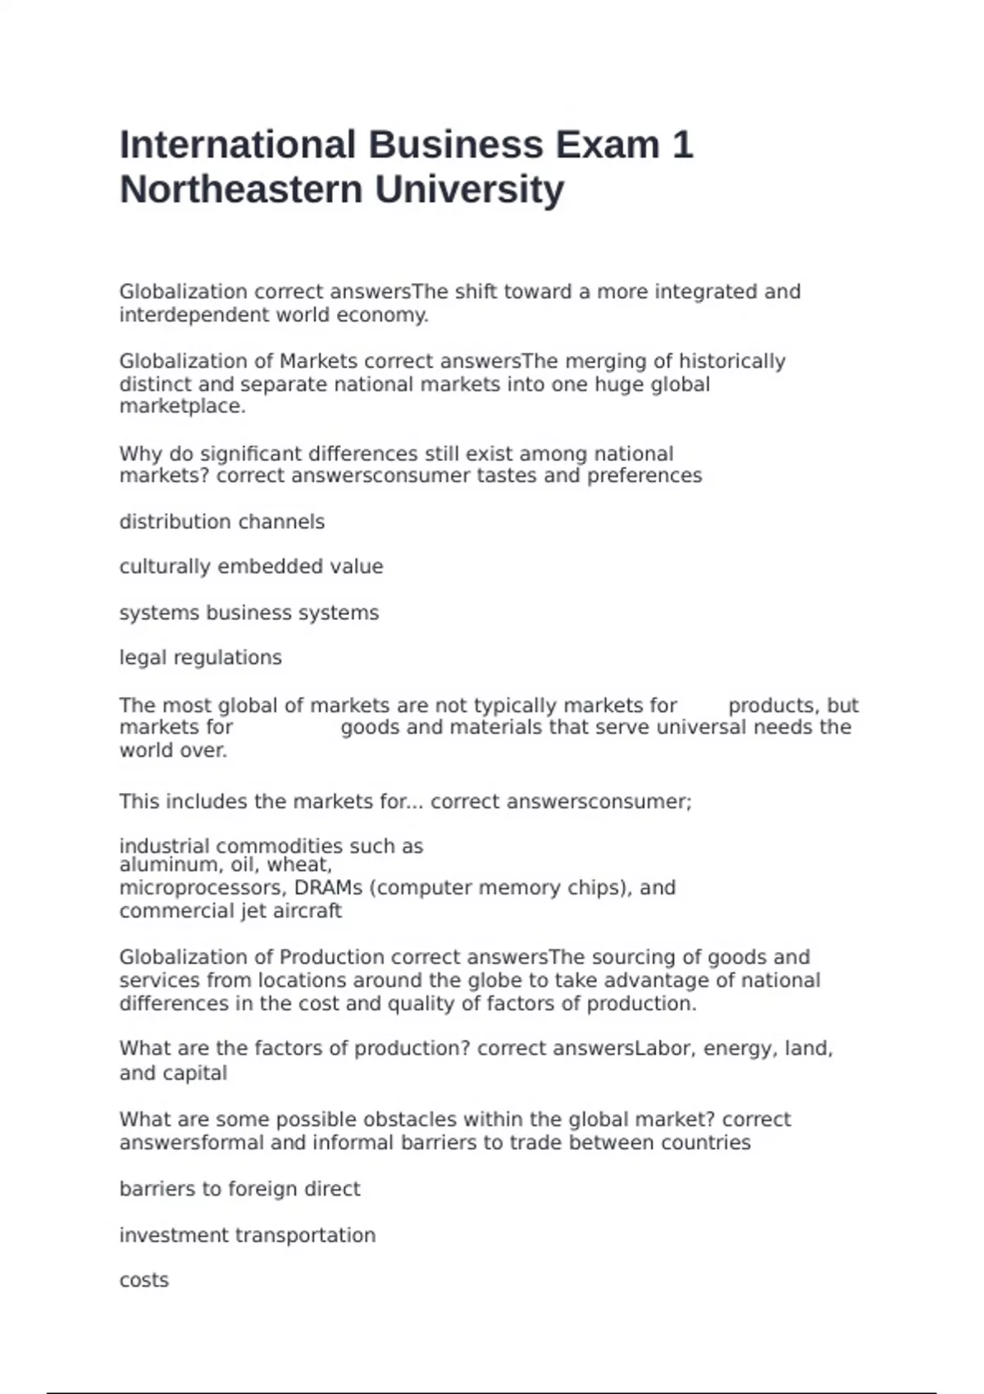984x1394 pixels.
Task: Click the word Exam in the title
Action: (x=608, y=145)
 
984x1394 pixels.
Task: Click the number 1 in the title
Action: (x=682, y=145)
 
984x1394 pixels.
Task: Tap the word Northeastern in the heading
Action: (x=241, y=189)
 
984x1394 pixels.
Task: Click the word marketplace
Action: (x=182, y=407)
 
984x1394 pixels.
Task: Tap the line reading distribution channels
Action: (x=221, y=522)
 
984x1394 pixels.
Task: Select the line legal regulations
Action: (x=200, y=658)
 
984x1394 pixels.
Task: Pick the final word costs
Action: (x=143, y=1280)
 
